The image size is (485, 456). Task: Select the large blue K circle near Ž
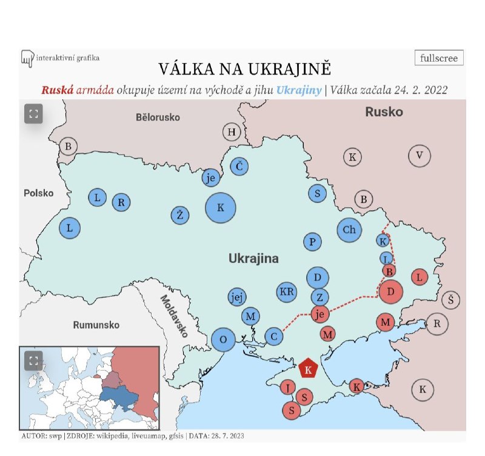[221, 208]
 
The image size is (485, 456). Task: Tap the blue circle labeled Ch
[349, 230]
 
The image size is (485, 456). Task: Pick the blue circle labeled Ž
[180, 214]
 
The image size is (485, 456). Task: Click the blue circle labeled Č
[239, 167]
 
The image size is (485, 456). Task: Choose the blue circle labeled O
[223, 339]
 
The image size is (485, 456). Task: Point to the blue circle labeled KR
[287, 291]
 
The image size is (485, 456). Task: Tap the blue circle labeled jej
[237, 297]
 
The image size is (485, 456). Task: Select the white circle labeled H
[231, 132]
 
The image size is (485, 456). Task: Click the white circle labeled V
[419, 156]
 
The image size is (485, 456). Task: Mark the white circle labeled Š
[450, 299]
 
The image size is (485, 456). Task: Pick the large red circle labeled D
[391, 292]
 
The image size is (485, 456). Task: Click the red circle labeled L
[419, 277]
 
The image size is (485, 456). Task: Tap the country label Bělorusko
[158, 117]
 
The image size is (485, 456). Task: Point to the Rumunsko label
[96, 325]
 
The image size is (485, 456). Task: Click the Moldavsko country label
[174, 316]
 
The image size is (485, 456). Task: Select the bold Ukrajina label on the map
[253, 259]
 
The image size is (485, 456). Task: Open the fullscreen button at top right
[440, 58]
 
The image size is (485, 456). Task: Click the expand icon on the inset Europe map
[33, 361]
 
